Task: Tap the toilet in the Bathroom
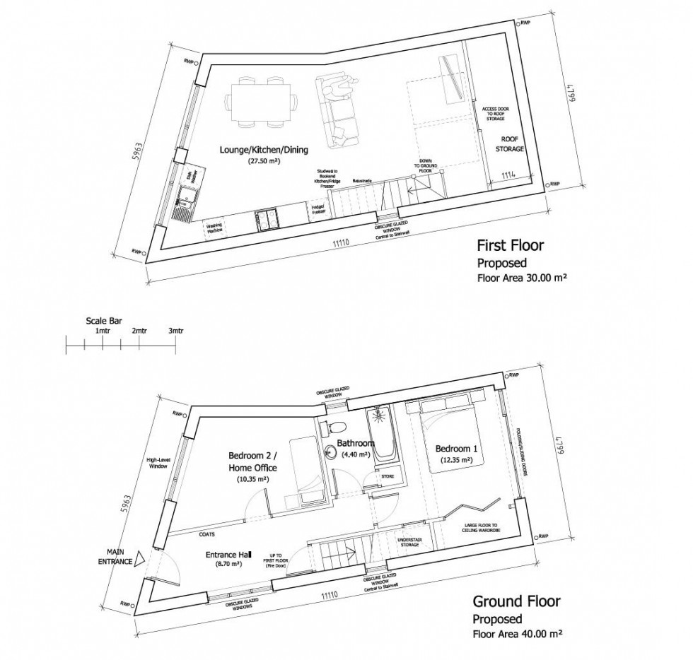click(x=335, y=427)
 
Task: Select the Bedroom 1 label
click(x=453, y=449)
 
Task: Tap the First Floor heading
click(x=511, y=246)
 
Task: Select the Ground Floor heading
click(x=517, y=601)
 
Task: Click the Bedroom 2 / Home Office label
click(x=252, y=461)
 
